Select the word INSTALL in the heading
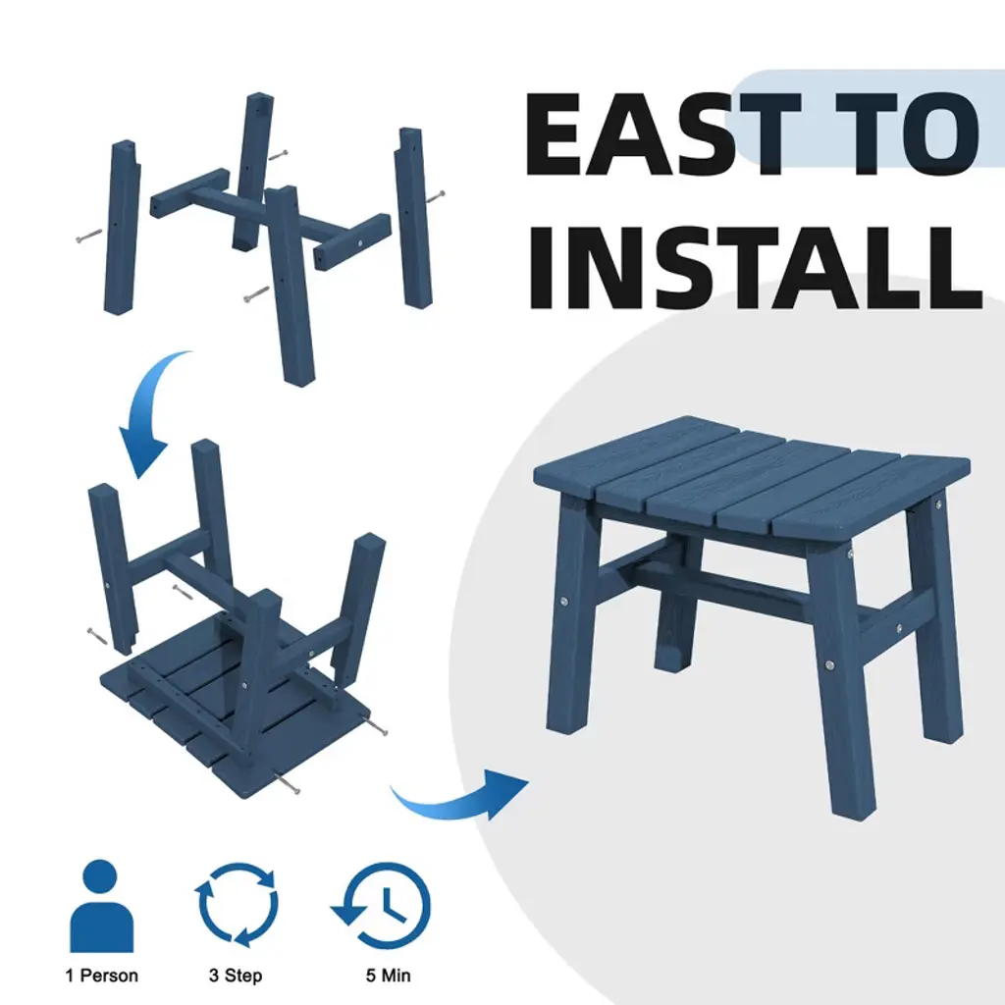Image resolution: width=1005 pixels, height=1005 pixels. (x=755, y=267)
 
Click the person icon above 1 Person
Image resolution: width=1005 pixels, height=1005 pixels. (x=101, y=906)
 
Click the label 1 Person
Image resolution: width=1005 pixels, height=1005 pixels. (x=101, y=976)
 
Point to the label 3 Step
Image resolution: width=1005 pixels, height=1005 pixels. (x=236, y=977)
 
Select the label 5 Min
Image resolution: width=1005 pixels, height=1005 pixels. (x=388, y=976)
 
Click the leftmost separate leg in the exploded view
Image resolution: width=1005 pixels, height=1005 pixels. (x=121, y=228)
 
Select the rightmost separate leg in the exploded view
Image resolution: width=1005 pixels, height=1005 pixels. (x=413, y=218)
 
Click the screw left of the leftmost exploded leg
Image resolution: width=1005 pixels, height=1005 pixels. (x=88, y=236)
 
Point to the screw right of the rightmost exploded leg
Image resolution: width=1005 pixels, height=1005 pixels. (x=435, y=196)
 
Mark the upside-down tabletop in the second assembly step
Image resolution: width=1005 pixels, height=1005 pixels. (x=234, y=705)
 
